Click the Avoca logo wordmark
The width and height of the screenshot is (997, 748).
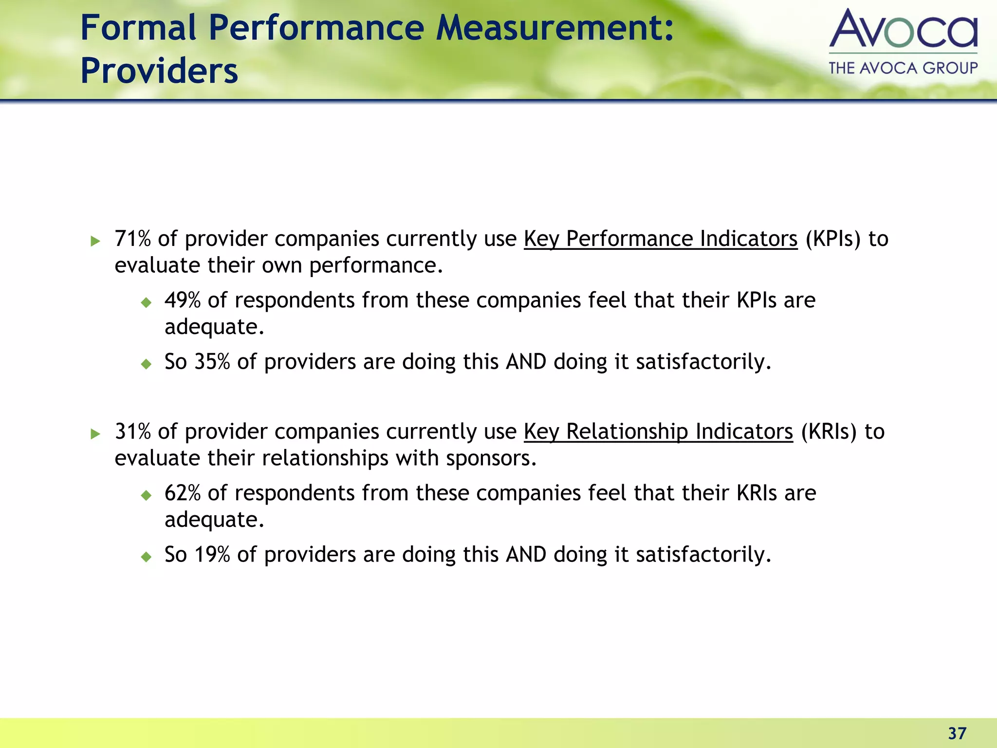[x=903, y=29]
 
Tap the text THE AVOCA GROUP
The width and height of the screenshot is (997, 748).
[x=903, y=68]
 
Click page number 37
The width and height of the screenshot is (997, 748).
[x=957, y=733]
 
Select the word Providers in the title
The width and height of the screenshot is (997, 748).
[x=159, y=71]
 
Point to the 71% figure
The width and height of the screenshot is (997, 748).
[x=132, y=239]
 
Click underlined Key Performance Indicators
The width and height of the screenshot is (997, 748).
[x=661, y=239]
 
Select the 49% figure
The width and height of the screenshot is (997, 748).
[x=183, y=300]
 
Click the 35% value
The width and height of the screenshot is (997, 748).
[x=212, y=362]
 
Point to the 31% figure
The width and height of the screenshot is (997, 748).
[x=132, y=431]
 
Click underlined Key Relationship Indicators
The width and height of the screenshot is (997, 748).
[x=658, y=431]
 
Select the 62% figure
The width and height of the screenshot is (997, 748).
[x=183, y=493]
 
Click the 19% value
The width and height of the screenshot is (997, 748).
[x=212, y=555]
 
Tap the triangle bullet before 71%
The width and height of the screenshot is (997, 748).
[x=95, y=241]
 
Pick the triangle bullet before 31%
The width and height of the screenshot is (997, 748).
[x=95, y=433]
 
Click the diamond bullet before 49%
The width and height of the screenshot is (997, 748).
[x=146, y=302]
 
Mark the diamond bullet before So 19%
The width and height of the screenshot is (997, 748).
[x=146, y=557]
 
